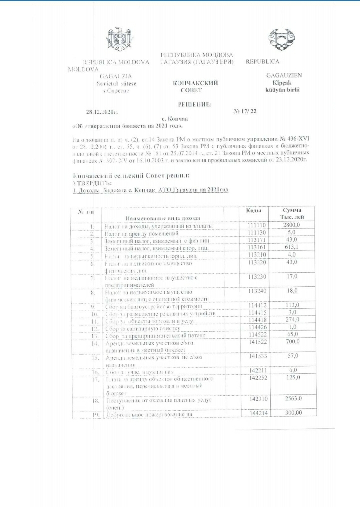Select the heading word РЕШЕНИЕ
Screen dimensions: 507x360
coord(195,104)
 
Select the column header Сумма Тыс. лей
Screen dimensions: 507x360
coord(292,214)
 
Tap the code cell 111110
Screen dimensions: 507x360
coord(258,226)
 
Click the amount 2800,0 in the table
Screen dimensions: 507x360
coord(292,226)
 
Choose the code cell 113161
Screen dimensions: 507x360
coord(258,247)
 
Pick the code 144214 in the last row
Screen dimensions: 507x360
coord(258,413)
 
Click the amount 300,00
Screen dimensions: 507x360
coord(292,413)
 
